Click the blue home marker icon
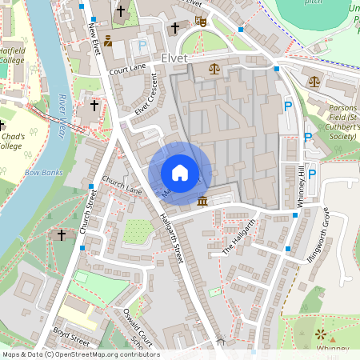click(x=180, y=172)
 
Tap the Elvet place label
click(x=174, y=58)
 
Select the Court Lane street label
click(x=129, y=71)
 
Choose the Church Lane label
click(x=122, y=186)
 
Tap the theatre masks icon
click(x=201, y=22)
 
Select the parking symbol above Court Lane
click(x=142, y=46)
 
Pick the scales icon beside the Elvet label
click(x=214, y=68)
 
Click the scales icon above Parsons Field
click(x=314, y=80)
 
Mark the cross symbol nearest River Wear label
click(x=94, y=105)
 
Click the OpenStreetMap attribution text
click(x=80, y=354)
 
